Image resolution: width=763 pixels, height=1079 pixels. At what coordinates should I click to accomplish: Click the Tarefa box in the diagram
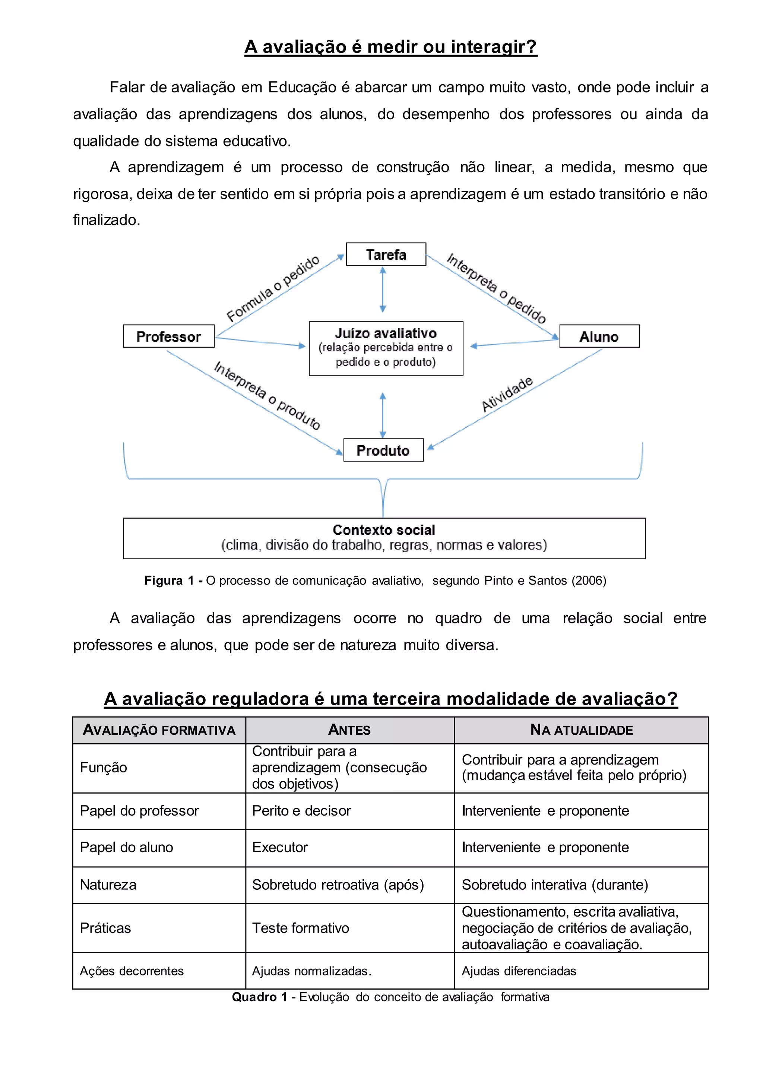[x=386, y=254]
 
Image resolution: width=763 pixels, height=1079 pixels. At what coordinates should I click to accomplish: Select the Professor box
[x=169, y=336]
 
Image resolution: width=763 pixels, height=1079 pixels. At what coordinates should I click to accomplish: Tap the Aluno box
[x=599, y=336]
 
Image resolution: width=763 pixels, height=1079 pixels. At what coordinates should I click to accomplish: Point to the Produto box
[x=383, y=450]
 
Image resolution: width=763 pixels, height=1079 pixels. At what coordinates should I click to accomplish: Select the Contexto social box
[x=384, y=538]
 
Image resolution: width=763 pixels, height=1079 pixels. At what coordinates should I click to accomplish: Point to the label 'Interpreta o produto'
[x=267, y=395]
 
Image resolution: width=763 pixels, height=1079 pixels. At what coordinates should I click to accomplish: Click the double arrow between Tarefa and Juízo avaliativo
[x=383, y=289]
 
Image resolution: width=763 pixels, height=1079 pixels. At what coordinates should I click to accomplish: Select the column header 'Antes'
[x=349, y=730]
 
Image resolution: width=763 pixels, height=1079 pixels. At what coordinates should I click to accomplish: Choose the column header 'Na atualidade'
[x=581, y=730]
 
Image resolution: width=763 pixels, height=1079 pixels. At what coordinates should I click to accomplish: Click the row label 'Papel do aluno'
[x=126, y=847]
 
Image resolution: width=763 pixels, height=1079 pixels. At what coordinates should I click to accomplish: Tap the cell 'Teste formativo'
[x=300, y=928]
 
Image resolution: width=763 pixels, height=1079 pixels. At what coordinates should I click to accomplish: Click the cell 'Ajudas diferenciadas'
[x=519, y=971]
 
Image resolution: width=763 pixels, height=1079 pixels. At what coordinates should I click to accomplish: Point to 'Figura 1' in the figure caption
[x=169, y=580]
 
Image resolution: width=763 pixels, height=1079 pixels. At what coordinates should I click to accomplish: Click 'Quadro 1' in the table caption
[x=259, y=997]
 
